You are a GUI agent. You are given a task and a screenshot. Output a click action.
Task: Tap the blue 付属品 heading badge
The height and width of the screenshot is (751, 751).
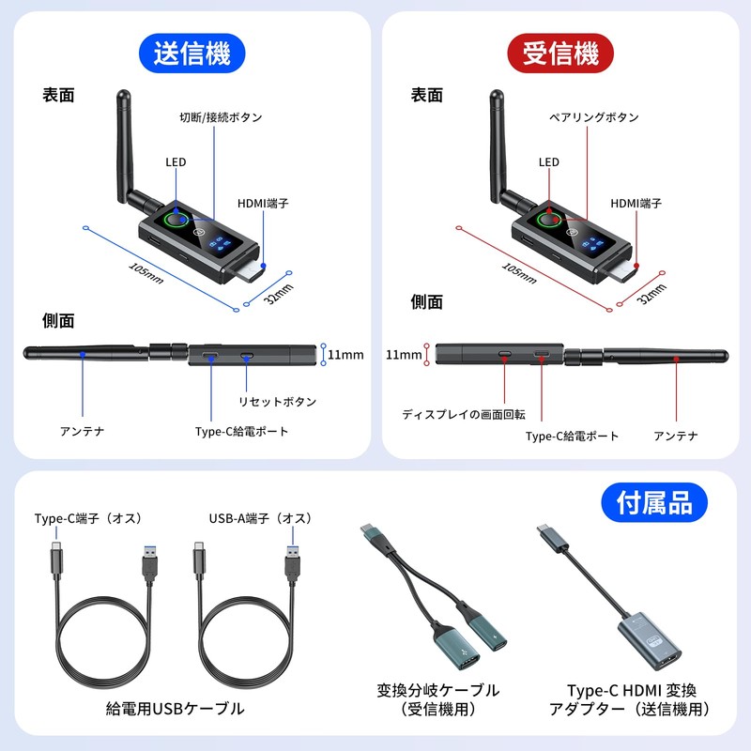[654, 503]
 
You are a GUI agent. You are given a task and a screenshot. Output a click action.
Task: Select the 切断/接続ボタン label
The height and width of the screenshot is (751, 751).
[221, 117]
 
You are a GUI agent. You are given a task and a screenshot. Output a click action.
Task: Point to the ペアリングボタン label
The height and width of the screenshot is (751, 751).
[594, 117]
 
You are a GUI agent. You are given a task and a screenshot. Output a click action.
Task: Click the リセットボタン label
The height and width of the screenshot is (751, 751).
[277, 401]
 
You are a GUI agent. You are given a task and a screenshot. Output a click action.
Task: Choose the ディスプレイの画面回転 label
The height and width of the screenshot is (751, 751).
[464, 413]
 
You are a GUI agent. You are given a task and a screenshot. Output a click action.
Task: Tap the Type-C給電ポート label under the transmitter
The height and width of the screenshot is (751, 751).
[242, 432]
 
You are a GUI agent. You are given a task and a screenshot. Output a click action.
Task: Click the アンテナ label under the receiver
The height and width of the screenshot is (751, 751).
[676, 436]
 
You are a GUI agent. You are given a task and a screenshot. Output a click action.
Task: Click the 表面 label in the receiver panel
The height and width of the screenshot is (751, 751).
[427, 95]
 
